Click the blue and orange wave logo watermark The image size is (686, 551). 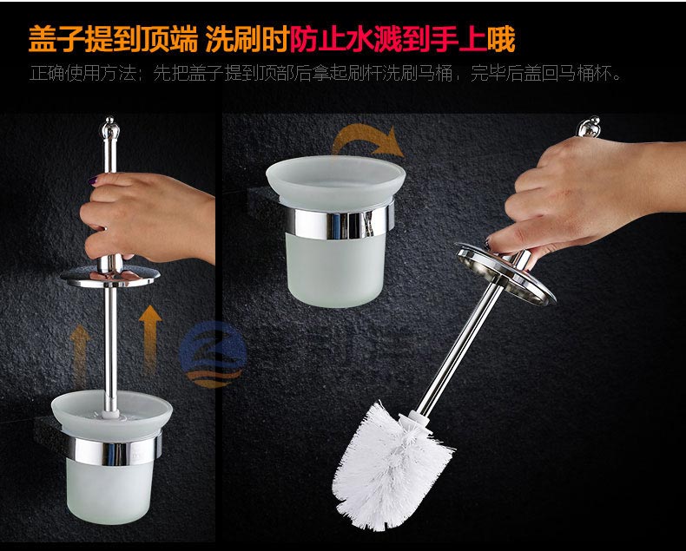point(213,355)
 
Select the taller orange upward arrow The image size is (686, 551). point(150,339)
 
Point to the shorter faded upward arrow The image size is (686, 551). point(80,355)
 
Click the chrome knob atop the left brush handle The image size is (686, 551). point(110,127)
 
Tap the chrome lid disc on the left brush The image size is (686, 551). point(110,277)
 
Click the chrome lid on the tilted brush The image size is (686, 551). point(505,272)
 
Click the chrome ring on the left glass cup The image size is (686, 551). point(114,449)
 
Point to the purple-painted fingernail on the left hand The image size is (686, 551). point(94,180)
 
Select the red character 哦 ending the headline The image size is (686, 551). point(501,40)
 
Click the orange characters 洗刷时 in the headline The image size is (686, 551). point(247,40)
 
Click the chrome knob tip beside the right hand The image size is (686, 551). point(589,127)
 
